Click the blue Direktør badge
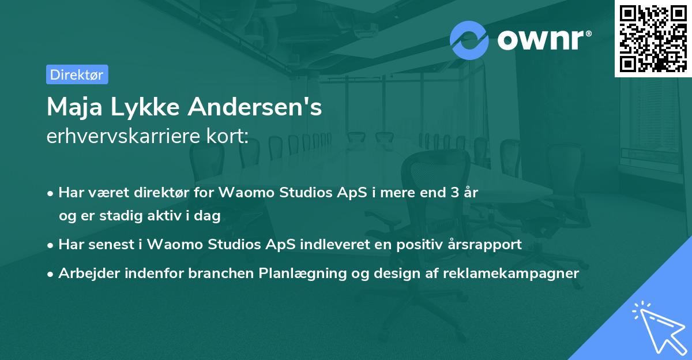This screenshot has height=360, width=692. [x=77, y=74]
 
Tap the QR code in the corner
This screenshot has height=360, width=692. [x=653, y=39]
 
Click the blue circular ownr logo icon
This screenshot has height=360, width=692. [x=469, y=40]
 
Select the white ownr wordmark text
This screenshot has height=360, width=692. [x=540, y=40]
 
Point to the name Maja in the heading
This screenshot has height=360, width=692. [x=74, y=107]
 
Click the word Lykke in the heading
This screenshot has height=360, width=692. [x=145, y=107]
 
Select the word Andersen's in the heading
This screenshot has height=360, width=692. [x=255, y=107]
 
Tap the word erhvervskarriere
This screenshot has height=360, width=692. [x=123, y=136]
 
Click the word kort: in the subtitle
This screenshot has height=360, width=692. [x=227, y=136]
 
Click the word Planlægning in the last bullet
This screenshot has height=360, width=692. [x=302, y=273]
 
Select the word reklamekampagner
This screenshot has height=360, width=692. [x=511, y=273]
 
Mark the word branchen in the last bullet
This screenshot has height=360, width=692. [x=221, y=273]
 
